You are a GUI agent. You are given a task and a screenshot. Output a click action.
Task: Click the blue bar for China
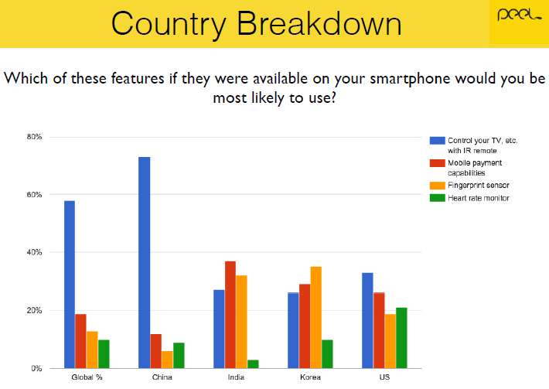[145, 263]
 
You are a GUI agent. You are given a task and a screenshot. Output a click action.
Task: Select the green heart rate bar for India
[253, 364]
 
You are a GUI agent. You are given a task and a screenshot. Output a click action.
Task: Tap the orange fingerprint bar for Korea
[315, 318]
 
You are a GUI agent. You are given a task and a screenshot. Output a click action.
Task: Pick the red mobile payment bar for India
[230, 315]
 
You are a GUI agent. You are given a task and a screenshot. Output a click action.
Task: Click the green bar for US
[401, 338]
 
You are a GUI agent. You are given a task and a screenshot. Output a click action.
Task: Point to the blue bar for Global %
[70, 285]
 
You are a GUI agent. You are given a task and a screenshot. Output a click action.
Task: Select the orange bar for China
[167, 360]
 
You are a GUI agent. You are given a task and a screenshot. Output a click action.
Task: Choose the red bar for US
[379, 330]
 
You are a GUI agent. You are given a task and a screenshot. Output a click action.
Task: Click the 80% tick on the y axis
[34, 137]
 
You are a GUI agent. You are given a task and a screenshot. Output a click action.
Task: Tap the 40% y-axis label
[34, 252]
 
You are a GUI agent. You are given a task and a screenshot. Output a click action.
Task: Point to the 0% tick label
[36, 368]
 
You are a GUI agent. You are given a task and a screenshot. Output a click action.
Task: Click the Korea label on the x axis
[310, 377]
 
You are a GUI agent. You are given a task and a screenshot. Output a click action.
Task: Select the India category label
[236, 377]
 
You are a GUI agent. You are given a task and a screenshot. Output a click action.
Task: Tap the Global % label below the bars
[87, 377]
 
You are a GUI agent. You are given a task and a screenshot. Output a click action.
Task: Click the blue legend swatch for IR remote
[438, 141]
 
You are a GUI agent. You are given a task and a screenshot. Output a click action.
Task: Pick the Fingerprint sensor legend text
[479, 186]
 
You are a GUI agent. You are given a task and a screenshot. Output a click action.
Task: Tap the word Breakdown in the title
[319, 24]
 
